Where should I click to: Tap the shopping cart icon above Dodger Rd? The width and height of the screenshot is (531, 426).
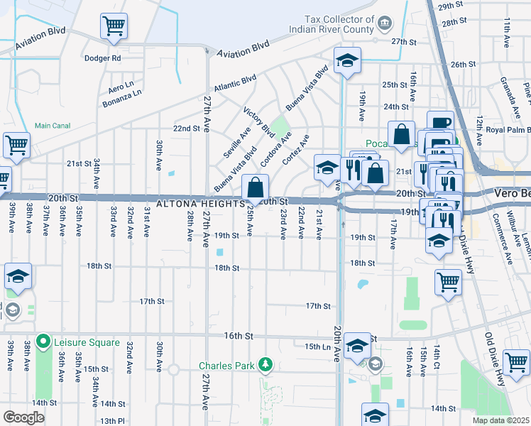[114, 28]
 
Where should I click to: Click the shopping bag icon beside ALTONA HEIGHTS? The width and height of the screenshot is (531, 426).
[255, 189]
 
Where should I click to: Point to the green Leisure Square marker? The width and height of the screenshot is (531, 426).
[43, 342]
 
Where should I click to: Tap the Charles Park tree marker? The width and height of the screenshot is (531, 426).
[265, 365]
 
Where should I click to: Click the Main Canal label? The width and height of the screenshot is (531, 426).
[53, 126]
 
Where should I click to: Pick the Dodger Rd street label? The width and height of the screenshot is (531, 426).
[103, 58]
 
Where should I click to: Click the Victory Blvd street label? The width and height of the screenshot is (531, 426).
[259, 122]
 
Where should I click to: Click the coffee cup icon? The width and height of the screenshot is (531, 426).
[440, 123]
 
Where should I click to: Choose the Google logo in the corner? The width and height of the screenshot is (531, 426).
[23, 417]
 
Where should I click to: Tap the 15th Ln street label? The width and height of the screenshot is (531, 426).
[318, 346]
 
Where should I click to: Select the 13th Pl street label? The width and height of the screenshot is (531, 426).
[112, 421]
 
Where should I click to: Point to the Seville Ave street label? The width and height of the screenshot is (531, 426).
[235, 144]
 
